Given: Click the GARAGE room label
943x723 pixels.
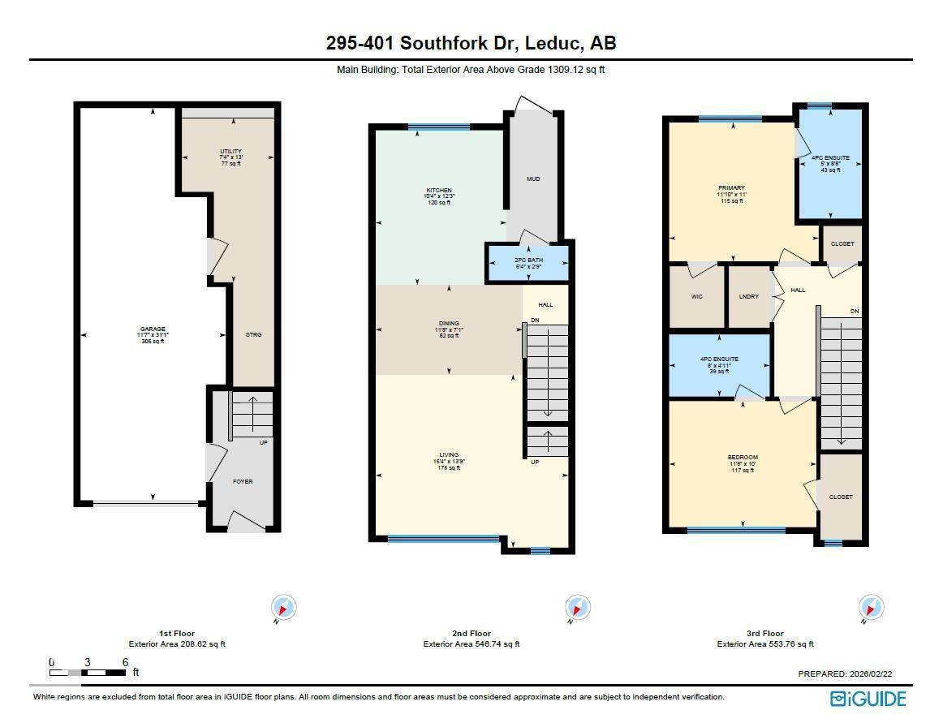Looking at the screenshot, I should click(152, 329).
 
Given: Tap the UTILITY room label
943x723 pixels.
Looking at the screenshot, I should click(230, 152).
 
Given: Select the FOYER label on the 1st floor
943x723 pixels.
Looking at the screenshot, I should click(243, 482).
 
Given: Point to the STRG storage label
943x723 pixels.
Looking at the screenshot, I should click(253, 334).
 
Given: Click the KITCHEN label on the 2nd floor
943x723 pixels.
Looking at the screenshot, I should click(437, 190).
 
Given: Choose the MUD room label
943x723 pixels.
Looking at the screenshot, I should click(533, 179).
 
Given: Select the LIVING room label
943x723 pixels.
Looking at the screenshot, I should click(449, 455).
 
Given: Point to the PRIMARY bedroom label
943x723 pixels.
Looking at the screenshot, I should click(730, 188).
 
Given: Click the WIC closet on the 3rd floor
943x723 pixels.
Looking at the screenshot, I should click(696, 297).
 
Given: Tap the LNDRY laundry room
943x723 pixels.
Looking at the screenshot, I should click(749, 297).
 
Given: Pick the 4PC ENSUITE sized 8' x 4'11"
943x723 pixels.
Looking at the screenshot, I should click(719, 359).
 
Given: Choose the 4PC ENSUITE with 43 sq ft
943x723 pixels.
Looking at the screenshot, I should click(830, 158).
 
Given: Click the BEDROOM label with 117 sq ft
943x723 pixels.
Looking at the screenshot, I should click(742, 458).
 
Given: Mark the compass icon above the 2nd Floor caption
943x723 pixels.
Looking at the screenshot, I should click(577, 607).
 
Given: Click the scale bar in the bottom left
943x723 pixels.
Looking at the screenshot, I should click(88, 672).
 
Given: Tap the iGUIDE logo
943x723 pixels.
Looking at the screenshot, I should click(868, 698).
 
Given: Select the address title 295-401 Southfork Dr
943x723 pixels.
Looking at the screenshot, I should click(471, 43).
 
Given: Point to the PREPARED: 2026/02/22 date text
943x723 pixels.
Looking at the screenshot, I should click(850, 674).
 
